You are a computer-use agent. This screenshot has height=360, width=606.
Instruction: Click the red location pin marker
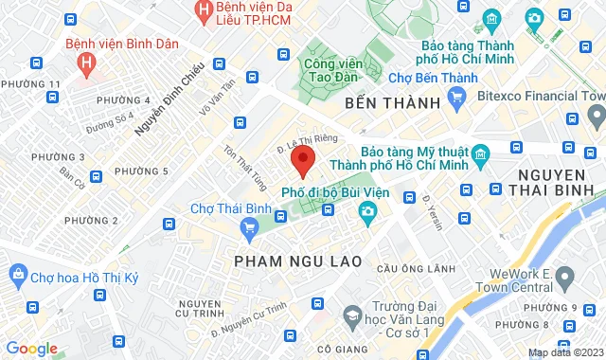click(302, 159)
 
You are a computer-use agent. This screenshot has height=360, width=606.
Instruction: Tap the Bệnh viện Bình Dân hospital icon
click(87, 65)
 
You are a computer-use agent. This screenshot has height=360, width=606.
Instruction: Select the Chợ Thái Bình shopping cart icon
click(250, 226)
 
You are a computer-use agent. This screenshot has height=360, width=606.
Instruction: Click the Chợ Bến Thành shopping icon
click(456, 96)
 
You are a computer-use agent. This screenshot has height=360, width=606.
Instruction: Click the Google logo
click(31, 348)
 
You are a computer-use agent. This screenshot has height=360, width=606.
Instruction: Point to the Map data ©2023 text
click(564, 352)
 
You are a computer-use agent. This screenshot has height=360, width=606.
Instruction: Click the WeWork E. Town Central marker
click(565, 279)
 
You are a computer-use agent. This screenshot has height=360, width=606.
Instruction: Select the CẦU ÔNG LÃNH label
click(409, 269)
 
